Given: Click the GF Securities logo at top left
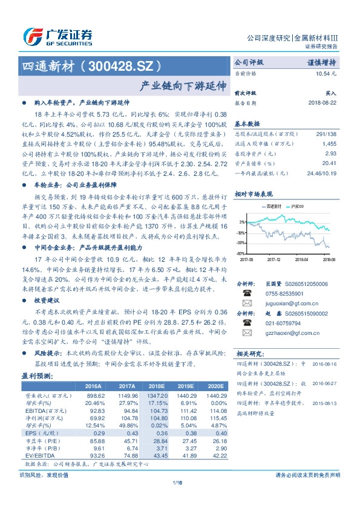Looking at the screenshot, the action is click(x=57, y=35).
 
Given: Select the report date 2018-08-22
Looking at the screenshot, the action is click(x=322, y=102).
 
